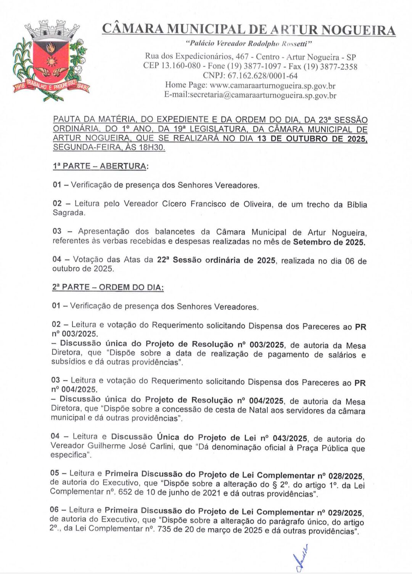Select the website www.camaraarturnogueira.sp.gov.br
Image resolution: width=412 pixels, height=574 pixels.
click(272, 85)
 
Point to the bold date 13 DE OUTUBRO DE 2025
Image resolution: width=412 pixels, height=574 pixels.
click(312, 139)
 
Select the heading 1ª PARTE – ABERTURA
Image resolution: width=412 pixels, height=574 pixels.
click(100, 167)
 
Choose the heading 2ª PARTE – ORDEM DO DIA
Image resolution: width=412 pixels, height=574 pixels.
click(108, 287)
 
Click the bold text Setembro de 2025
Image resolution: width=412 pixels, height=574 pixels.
click(329, 242)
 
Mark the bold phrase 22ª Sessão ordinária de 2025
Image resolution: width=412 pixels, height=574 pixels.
click(216, 261)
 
